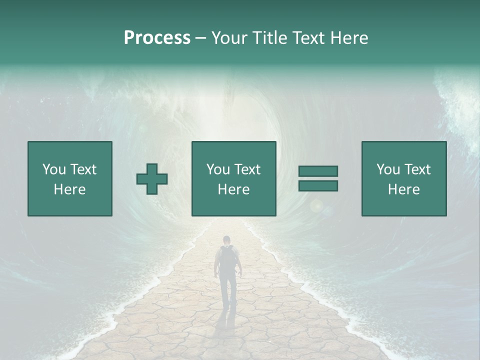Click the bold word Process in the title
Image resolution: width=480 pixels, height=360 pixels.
click(157, 38)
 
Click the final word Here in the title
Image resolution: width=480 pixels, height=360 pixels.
click(350, 38)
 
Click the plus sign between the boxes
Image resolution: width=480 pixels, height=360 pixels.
click(152, 179)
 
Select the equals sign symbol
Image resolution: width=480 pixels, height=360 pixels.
click(318, 178)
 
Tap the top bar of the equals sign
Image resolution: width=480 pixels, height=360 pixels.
click(318, 171)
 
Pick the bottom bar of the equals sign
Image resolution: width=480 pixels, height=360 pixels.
click(318, 185)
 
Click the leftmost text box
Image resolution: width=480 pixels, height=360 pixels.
click(70, 178)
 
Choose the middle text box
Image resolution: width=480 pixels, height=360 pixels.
click(233, 178)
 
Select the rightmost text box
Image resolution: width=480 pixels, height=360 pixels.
click(404, 178)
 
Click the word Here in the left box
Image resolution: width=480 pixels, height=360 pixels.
click(69, 189)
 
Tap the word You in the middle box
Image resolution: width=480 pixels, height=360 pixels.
click(218, 169)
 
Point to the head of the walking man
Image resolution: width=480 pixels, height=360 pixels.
click(227, 239)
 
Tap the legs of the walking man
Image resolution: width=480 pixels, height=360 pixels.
click(228, 290)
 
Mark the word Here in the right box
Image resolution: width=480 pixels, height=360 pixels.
click(403, 189)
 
